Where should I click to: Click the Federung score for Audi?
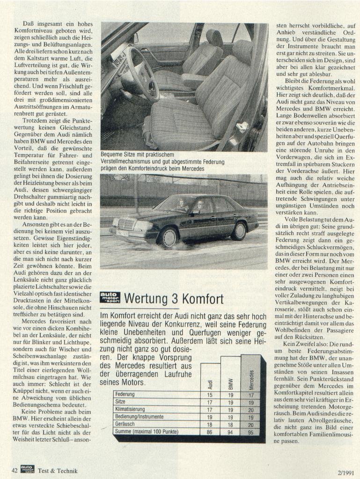[x=209, y=395]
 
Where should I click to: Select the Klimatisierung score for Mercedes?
[x=251, y=409]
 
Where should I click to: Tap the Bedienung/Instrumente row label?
[x=139, y=416]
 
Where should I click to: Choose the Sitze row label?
[x=120, y=402]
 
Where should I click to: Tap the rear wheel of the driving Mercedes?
[x=239, y=231]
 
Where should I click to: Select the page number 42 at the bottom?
[x=15, y=470]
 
